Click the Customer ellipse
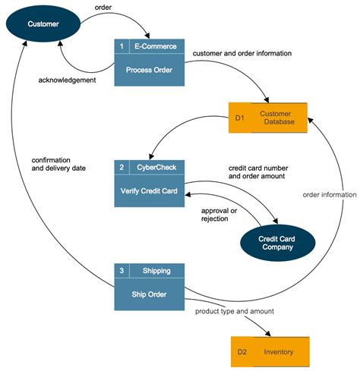coord(43,25)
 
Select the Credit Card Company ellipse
coord(276,244)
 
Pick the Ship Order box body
coord(149,294)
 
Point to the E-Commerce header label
coord(156,46)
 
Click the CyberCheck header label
coord(156,167)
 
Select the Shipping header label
coord(156,270)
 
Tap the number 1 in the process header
coord(122,46)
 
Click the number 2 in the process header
coord(122,167)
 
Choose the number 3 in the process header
coord(122,270)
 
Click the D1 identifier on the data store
coord(239,118)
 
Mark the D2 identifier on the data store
coord(242,352)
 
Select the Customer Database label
coord(279,118)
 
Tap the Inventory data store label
coord(279,352)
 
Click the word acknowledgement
coord(68,80)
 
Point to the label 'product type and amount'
coord(234,312)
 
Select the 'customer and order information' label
coord(242,53)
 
